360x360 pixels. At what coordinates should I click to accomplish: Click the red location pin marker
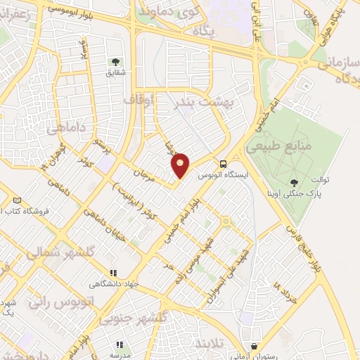181,165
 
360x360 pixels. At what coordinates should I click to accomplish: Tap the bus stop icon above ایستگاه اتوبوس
222,161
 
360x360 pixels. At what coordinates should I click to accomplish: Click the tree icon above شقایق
116,63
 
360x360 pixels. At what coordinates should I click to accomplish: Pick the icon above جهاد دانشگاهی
113,273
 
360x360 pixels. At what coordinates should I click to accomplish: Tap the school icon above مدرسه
119,344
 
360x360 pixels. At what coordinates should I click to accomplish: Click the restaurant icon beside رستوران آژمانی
254,345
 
